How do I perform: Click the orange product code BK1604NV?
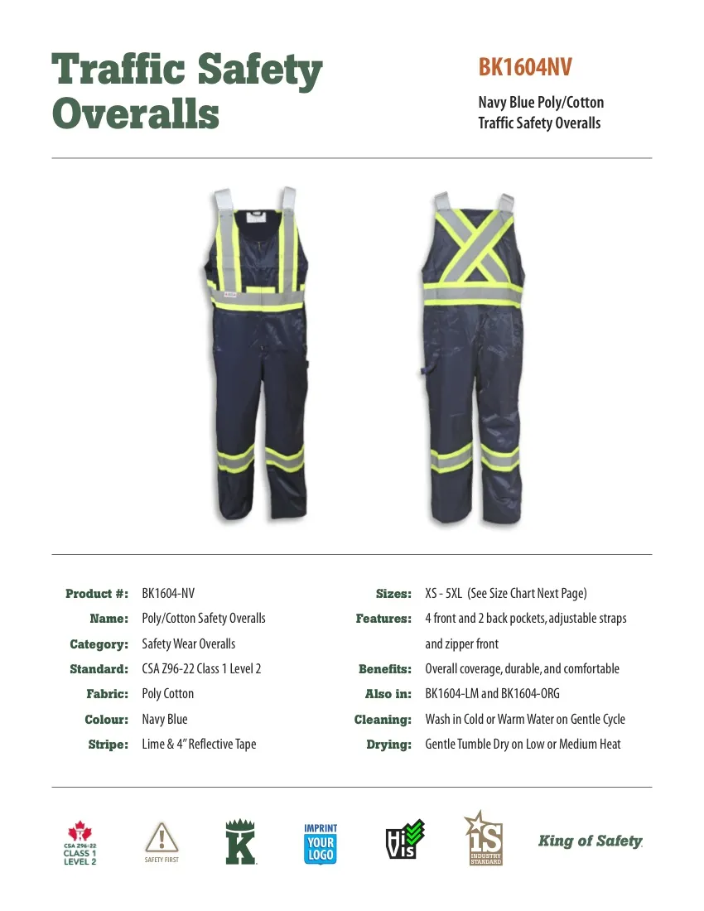click(x=525, y=68)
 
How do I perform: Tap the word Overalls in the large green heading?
click(x=136, y=113)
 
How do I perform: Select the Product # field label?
click(x=97, y=594)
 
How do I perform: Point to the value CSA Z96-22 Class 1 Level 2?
click(x=201, y=668)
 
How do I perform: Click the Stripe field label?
click(x=108, y=745)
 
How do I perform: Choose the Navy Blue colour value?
click(x=165, y=719)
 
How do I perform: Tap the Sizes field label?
click(x=393, y=594)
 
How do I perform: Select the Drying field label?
click(x=389, y=745)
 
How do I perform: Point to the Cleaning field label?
click(x=383, y=720)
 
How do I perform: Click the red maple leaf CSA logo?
click(x=80, y=841)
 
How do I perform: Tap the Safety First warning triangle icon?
click(x=162, y=838)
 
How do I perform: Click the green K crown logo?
click(x=240, y=841)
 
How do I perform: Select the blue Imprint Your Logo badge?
click(x=321, y=843)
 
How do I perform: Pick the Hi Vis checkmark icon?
click(x=405, y=839)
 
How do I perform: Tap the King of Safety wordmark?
click(x=591, y=841)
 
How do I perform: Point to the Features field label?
click(x=383, y=619)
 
